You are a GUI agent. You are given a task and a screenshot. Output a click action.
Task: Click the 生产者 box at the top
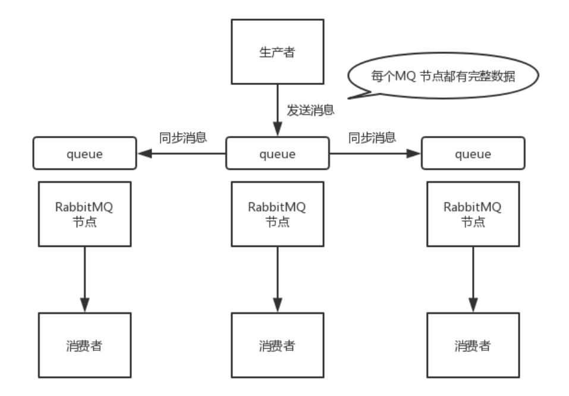coord(278,51)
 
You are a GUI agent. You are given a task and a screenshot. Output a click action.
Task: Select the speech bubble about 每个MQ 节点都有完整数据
coord(444,77)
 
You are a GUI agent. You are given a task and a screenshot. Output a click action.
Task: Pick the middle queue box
coord(278,154)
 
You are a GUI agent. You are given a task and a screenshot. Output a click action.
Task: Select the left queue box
coord(84,154)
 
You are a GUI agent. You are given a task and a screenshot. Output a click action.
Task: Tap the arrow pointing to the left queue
coord(181,154)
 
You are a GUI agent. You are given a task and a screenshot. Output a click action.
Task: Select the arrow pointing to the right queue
coord(375,154)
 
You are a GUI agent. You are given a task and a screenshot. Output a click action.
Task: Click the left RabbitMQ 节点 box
coord(84,214)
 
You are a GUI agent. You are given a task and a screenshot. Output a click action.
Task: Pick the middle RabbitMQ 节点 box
coord(278,214)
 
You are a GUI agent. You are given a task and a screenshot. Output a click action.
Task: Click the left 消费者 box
coord(84,345)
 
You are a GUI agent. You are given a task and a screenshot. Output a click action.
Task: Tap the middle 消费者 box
coord(278,345)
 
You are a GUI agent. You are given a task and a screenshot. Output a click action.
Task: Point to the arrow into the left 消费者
coord(84,279)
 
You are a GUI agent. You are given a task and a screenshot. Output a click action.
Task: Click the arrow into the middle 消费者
coord(278,279)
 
